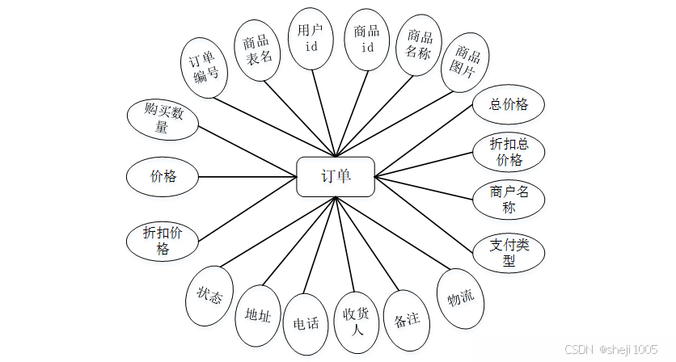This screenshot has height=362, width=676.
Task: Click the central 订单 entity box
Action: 336,176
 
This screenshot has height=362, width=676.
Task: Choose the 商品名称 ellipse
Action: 420,44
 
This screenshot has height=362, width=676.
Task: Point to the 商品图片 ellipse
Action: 467,64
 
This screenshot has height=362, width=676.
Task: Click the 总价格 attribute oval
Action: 509,104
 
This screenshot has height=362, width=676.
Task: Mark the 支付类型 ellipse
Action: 509,252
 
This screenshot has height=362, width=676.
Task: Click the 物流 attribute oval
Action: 460,298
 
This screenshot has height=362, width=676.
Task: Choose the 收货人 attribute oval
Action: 357,322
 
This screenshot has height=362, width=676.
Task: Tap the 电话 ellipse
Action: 306,322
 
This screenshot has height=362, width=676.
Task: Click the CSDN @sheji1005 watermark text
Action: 611,349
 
